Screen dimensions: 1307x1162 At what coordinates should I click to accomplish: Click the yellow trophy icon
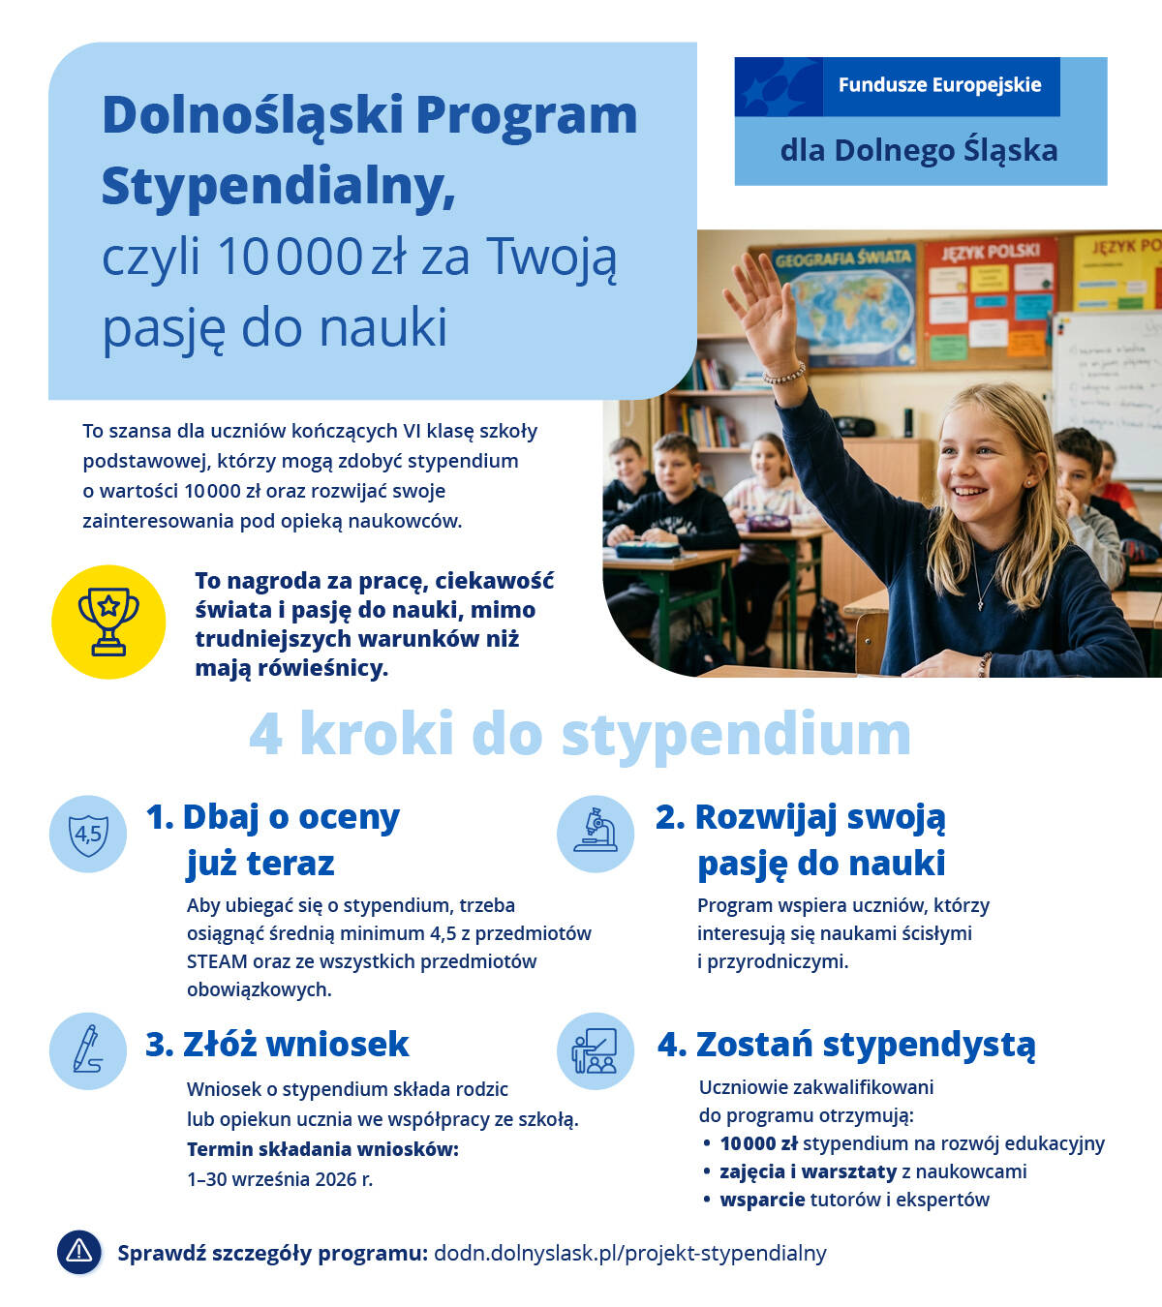click(x=108, y=622)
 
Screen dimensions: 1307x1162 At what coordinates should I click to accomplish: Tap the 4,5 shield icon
click(x=88, y=834)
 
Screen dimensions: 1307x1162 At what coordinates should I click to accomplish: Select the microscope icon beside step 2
click(x=596, y=833)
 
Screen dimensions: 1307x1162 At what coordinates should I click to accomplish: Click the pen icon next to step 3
click(x=88, y=1050)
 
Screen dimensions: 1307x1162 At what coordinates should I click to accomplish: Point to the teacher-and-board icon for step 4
click(x=596, y=1051)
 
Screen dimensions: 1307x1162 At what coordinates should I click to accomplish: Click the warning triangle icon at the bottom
click(x=79, y=1251)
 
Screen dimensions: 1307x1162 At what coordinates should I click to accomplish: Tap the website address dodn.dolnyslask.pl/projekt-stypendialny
click(x=629, y=1253)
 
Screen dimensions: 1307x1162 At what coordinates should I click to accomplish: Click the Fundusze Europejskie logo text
click(x=939, y=85)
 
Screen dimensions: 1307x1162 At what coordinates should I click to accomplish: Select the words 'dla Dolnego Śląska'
click(x=918, y=151)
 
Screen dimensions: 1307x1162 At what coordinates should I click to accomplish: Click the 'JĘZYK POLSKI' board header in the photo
click(x=990, y=252)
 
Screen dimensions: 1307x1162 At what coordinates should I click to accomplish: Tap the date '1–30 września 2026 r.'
click(x=280, y=1179)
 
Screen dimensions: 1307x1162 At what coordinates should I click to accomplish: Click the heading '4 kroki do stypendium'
click(x=580, y=734)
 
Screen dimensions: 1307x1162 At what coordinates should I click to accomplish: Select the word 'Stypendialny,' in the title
click(x=279, y=186)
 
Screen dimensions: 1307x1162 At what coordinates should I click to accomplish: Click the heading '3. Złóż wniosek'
click(x=277, y=1044)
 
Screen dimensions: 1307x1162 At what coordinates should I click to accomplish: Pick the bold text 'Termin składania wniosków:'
click(x=322, y=1149)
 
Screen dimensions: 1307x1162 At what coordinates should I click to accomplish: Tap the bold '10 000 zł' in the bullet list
click(x=759, y=1143)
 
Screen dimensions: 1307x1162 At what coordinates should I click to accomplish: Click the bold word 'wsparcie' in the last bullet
click(x=762, y=1200)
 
